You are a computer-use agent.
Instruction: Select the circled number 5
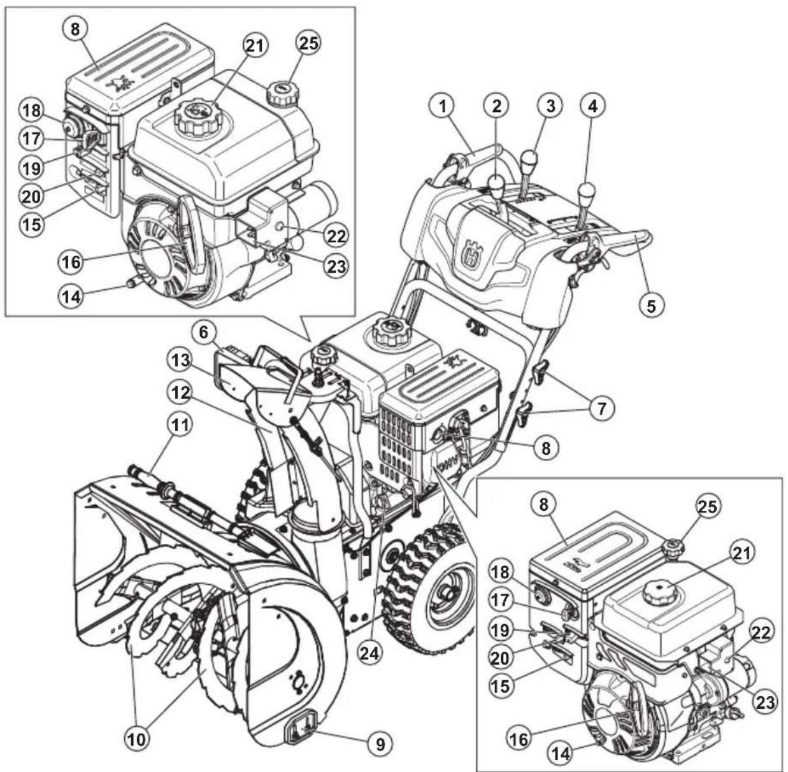(651, 304)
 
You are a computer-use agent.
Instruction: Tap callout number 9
(380, 744)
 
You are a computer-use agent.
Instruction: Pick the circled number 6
(208, 332)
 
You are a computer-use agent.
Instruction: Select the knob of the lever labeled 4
(586, 190)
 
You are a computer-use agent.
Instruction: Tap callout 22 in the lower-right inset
(761, 633)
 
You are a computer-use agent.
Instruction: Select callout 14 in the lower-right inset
(561, 753)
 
